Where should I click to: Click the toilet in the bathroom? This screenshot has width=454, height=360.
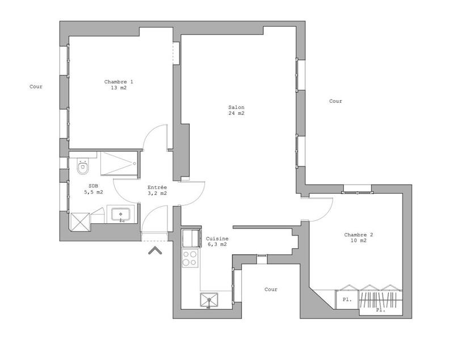point(83,168)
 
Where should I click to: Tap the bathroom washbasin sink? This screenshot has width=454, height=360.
point(121,215)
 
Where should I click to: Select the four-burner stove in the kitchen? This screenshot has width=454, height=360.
point(190,258)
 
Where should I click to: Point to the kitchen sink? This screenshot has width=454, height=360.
point(209,300)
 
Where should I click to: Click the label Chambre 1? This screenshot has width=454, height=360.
point(119,82)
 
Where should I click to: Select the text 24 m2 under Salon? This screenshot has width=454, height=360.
point(236,114)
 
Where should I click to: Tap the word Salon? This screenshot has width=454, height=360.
point(236,107)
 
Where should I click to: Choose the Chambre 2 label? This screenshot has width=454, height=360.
point(359,235)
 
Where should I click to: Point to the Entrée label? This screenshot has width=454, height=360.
point(157,187)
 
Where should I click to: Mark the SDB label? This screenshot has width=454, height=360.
point(93,186)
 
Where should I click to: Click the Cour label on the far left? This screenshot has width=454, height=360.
point(36,87)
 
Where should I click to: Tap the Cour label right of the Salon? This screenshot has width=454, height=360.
point(335,101)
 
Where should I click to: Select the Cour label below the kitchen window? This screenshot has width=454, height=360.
point(271,290)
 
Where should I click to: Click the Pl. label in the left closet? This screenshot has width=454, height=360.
point(346,299)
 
